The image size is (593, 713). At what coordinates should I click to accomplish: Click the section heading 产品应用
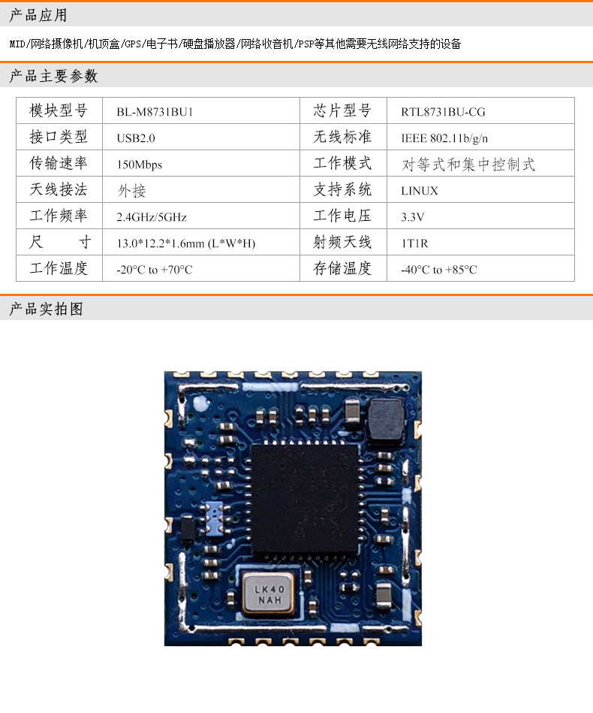tap(38, 15)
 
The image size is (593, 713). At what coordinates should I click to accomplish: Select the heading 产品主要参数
tap(53, 76)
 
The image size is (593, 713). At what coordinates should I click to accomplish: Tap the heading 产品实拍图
tap(46, 309)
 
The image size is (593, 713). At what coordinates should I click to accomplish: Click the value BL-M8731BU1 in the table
tap(150, 112)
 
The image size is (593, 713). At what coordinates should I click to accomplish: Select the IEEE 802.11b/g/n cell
tap(444, 138)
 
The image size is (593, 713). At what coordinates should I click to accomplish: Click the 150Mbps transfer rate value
tap(140, 165)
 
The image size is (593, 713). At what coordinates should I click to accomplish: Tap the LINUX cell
tap(420, 191)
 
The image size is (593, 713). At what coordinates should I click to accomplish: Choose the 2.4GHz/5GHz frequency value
tap(152, 217)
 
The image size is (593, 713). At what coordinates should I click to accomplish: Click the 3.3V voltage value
tap(413, 217)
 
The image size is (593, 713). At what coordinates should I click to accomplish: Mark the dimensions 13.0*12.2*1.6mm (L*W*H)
tap(186, 243)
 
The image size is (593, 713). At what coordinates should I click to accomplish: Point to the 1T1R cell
tap(414, 243)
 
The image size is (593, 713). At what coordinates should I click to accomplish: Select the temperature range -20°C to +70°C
tap(155, 270)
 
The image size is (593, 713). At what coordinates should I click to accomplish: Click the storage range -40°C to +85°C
tap(439, 270)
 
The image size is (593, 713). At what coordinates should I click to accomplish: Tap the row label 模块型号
tap(59, 111)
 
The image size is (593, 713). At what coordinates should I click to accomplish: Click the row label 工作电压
tap(342, 216)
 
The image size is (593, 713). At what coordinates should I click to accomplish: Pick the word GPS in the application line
tap(132, 44)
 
